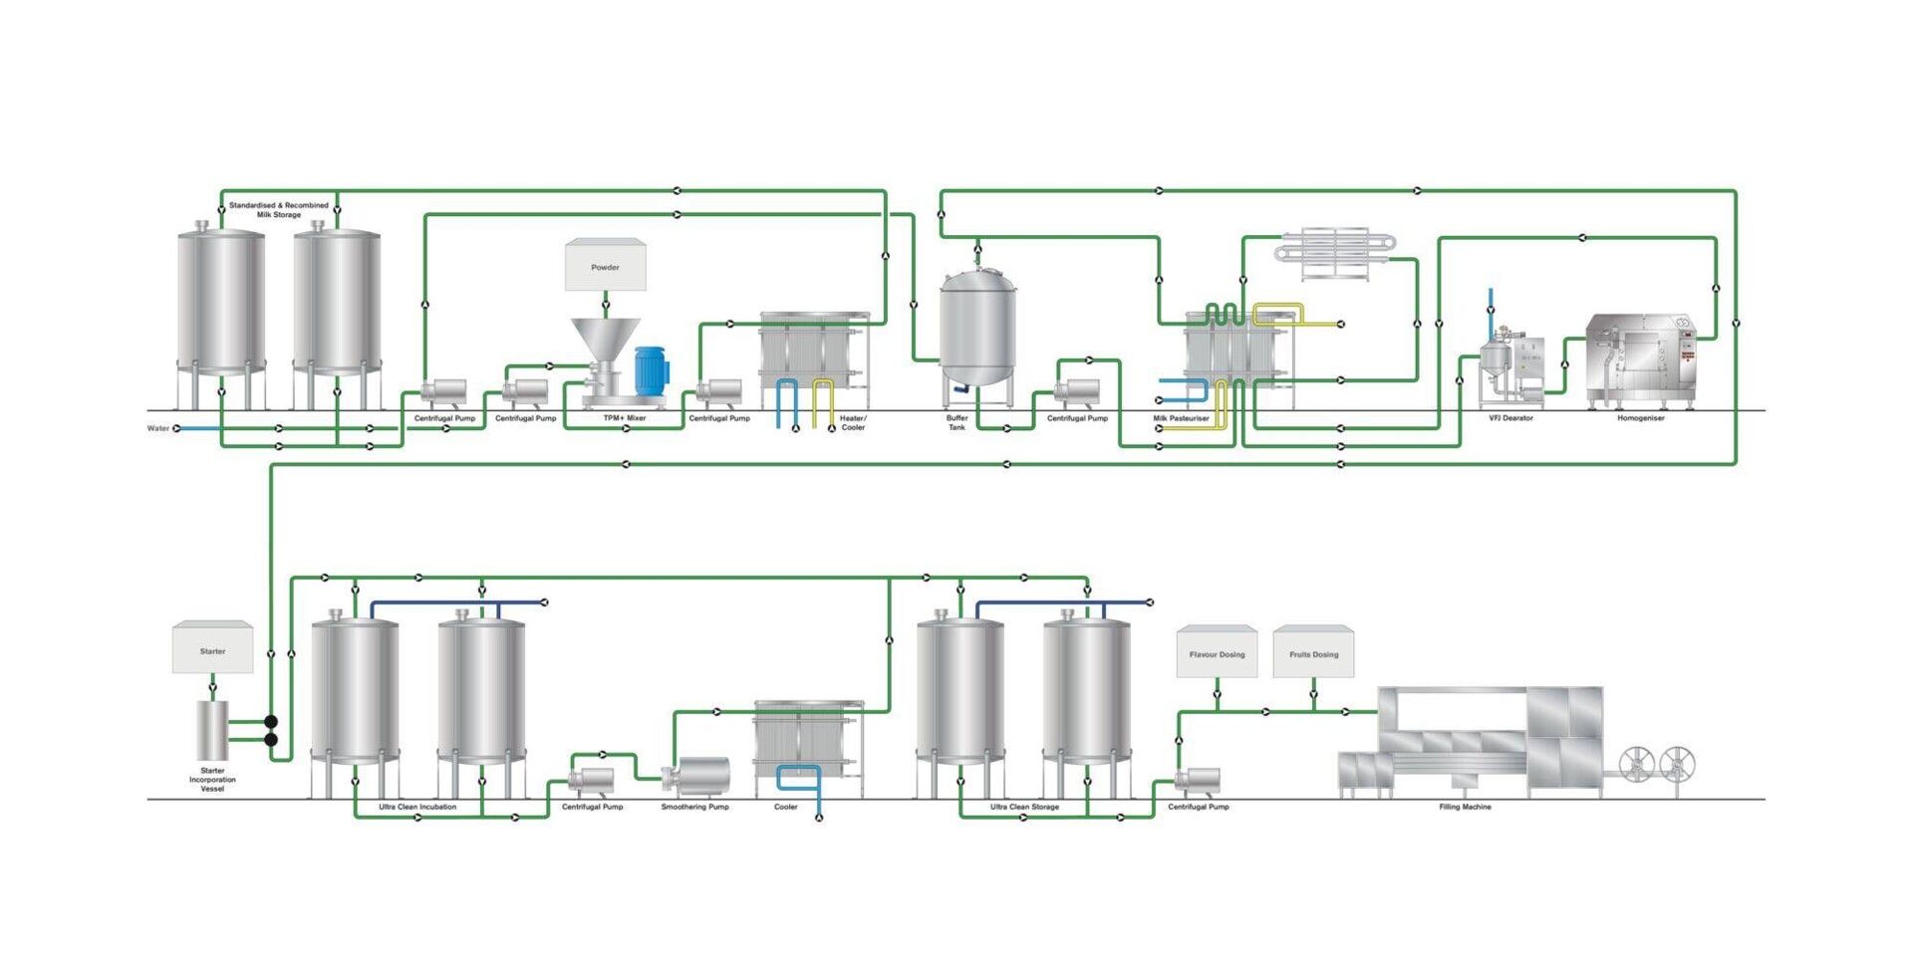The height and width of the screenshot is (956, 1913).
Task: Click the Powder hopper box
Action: (x=605, y=266)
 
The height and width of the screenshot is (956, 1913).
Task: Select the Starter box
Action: (x=212, y=649)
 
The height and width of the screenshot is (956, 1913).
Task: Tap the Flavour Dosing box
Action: (x=1217, y=653)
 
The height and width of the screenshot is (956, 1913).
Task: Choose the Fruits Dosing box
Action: (x=1313, y=653)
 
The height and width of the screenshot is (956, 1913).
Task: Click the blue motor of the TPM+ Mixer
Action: (x=651, y=369)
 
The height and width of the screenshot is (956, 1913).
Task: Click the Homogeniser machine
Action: (x=1639, y=360)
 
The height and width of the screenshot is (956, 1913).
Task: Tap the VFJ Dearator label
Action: (x=1510, y=418)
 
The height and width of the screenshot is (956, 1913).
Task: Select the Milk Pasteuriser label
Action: (x=1181, y=418)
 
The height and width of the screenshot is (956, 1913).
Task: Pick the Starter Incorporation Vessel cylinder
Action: (x=212, y=730)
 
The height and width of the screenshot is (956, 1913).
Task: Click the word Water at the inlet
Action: (x=158, y=428)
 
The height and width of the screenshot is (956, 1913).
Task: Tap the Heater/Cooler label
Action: (x=853, y=422)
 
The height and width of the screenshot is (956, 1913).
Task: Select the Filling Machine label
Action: (x=1465, y=807)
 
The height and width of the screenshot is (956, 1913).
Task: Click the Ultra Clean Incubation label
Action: (x=417, y=807)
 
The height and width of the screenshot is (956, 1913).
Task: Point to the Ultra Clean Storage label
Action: (x=1024, y=807)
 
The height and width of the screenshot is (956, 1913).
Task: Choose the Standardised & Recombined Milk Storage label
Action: (x=279, y=209)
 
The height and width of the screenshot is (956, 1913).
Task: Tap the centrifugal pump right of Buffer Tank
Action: (x=1079, y=390)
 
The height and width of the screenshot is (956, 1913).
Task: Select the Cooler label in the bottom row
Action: (x=785, y=807)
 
